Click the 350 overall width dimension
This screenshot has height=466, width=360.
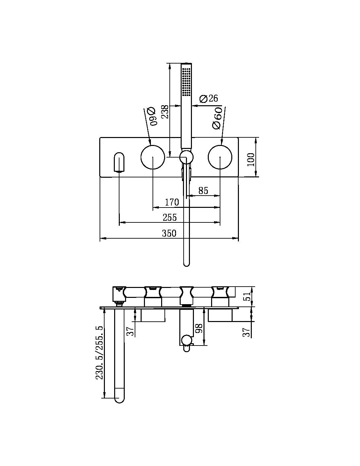pos(169,233)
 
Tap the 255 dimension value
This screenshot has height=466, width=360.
pos(170,217)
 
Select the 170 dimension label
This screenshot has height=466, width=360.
pos(172,202)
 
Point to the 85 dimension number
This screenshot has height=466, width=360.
pos(203,191)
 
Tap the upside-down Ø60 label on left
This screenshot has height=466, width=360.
pos(152,117)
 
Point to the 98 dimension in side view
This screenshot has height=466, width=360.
pos(199,330)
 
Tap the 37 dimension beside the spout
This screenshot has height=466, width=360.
pos(131,331)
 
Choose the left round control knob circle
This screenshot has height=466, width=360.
pos(153,157)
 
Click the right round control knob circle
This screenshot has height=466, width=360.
pos(220,157)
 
